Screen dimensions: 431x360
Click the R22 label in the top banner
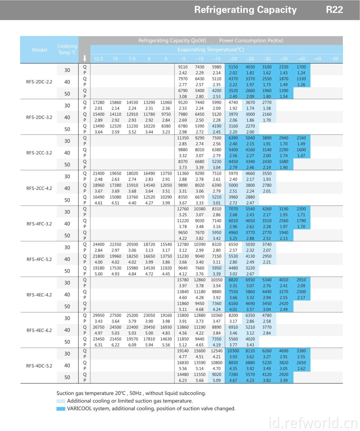[334, 10]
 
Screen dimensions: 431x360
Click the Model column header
[40, 50]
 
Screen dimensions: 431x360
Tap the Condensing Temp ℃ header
[67, 50]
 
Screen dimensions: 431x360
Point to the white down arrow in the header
[85, 59]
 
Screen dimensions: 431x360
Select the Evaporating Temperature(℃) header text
[211, 50]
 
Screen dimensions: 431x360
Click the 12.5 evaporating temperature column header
[98, 59]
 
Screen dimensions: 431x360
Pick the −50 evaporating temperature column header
[334, 59]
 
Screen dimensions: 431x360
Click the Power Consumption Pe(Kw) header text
[251, 41]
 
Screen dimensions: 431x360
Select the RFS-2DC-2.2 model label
[39, 82]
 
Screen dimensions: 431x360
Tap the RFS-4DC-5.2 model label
[39, 366]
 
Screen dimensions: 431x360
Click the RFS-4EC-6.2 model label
[39, 330]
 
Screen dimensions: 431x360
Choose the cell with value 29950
[98, 315]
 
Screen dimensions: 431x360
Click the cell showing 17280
[98, 102]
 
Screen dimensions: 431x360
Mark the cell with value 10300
[233, 351]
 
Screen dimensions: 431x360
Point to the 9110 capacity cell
[183, 67]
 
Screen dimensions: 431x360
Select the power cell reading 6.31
[98, 345]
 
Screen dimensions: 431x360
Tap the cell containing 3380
[301, 351]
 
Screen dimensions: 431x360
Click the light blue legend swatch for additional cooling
[61, 401]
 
